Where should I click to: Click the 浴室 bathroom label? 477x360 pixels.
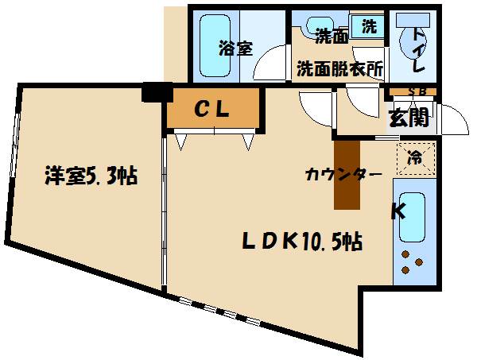click(236, 48)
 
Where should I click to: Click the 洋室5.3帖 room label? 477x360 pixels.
click(91, 175)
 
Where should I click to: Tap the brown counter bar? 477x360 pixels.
click(347, 175)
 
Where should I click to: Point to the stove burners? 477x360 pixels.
click(413, 262)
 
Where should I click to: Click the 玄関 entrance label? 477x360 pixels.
click(409, 118)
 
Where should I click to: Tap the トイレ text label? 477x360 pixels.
click(419, 49)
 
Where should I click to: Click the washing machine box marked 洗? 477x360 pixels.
click(370, 25)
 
